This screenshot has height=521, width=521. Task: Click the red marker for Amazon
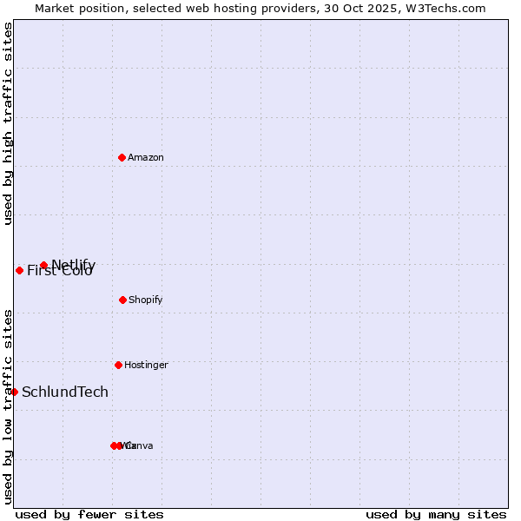pos(122,157)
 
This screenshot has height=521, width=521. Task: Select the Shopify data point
pos(122,300)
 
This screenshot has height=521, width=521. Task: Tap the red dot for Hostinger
pos(118,365)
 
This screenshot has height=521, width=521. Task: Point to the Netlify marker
pos(43,265)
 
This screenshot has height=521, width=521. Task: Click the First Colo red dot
pos(19,270)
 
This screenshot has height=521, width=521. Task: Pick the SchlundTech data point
pos(14,392)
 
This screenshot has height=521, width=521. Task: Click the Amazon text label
pos(146,157)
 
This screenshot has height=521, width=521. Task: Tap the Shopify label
pos(146,300)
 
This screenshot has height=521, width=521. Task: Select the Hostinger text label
pos(146,365)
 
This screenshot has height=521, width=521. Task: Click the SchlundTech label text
pos(65,392)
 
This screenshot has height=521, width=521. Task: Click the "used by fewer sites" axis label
pos(89,514)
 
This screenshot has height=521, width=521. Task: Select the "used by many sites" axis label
pos(436,514)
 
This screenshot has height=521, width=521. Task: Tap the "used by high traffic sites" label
pos(9,123)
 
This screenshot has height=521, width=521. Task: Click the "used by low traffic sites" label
pos(9,406)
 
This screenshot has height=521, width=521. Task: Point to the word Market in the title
pos(54,8)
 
